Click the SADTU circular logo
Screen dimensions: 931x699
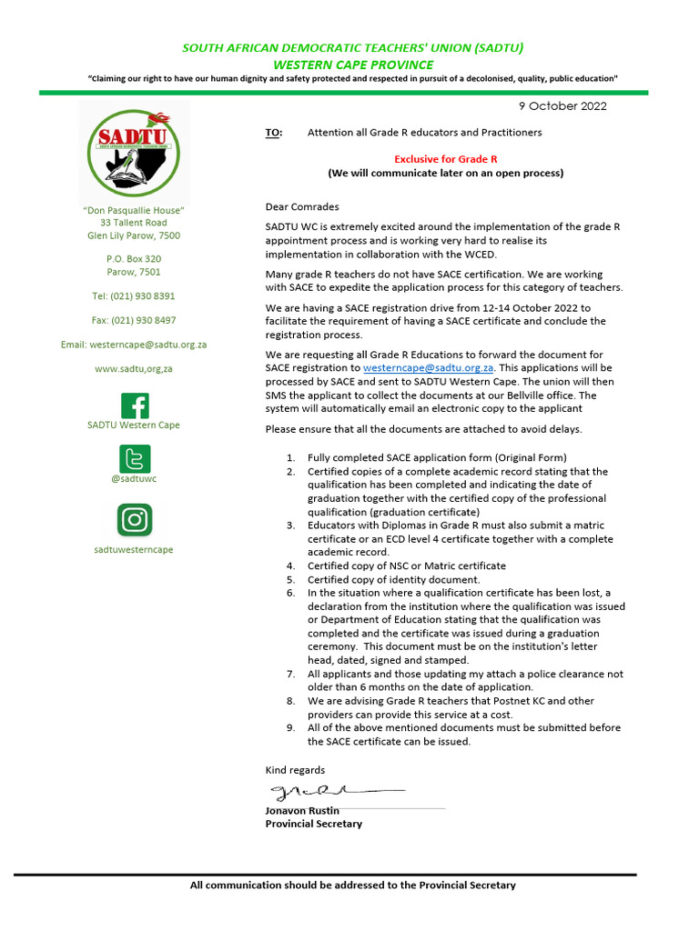tap(134, 151)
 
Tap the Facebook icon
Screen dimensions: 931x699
tap(134, 405)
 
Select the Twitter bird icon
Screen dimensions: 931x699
tap(134, 459)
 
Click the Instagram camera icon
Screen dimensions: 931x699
tap(134, 519)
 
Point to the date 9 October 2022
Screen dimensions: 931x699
tap(562, 106)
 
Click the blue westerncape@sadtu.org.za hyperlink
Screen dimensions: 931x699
tap(429, 368)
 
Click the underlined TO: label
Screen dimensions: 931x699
tap(274, 133)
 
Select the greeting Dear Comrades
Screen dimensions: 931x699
tap(301, 207)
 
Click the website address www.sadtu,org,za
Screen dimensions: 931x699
tap(134, 369)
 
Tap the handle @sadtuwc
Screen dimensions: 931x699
tap(134, 478)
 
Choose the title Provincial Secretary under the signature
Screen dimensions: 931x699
tap(313, 824)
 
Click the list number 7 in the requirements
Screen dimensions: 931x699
tap(290, 675)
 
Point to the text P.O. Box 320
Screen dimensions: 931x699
tap(134, 259)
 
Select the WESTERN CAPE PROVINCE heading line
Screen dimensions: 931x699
tap(353, 65)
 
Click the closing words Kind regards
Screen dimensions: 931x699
tap(294, 770)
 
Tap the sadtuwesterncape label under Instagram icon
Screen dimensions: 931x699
tap(134, 549)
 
